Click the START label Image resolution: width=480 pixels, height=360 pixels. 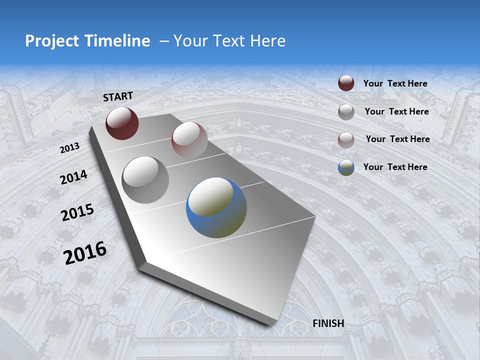click(x=118, y=96)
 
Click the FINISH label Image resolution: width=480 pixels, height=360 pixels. click(x=328, y=323)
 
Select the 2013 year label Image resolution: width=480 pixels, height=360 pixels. click(x=69, y=148)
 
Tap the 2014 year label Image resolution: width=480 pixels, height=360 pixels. click(x=74, y=177)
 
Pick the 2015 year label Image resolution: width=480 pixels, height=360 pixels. click(x=77, y=212)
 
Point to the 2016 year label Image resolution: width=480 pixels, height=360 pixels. click(x=85, y=253)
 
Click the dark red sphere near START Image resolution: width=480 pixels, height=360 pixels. click(x=122, y=123)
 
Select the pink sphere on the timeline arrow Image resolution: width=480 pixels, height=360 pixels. click(x=189, y=139)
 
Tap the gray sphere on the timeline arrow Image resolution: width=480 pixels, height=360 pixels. click(x=145, y=179)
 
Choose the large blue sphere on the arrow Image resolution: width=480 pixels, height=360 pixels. click(x=216, y=207)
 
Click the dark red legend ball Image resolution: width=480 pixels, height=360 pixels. click(x=346, y=83)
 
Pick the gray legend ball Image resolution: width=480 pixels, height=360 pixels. click(x=346, y=111)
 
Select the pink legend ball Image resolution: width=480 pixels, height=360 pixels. click(x=346, y=139)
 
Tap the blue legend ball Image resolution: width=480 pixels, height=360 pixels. click(x=346, y=167)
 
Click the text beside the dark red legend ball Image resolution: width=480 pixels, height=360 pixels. click(x=395, y=83)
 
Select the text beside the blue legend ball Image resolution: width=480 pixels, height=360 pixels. click(x=395, y=167)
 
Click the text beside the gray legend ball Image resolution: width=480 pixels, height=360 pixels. click(x=396, y=111)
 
